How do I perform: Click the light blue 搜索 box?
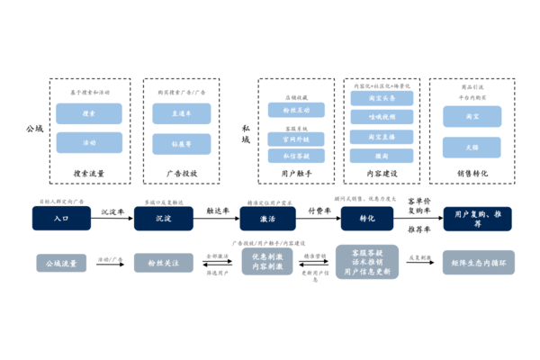point(88,113)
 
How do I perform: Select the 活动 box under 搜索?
point(88,142)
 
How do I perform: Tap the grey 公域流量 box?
point(62,263)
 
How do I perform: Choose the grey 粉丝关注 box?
point(164,263)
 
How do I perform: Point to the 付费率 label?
point(319,210)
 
